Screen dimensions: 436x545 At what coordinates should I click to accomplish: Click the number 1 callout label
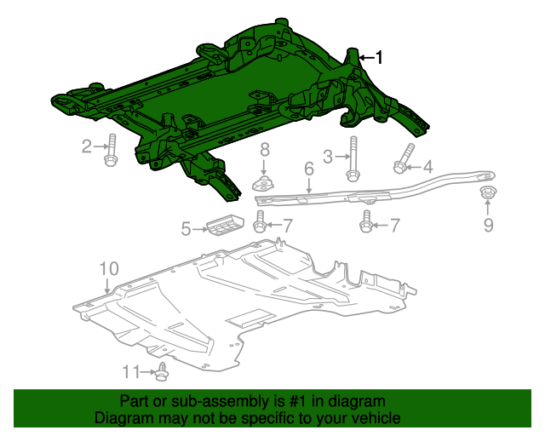click(x=379, y=58)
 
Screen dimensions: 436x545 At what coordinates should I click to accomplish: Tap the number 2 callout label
click(x=87, y=146)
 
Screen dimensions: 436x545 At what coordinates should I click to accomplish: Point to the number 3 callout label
click(x=328, y=156)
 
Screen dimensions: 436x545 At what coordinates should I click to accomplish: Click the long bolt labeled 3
click(x=351, y=162)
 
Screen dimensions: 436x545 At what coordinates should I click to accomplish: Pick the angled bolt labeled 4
click(x=403, y=159)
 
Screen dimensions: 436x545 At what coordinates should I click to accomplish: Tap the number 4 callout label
click(x=428, y=167)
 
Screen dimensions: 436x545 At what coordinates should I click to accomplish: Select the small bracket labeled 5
click(x=225, y=224)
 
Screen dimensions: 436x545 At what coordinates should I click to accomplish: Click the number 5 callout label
click(x=186, y=228)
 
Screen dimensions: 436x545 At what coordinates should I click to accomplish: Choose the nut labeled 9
click(x=488, y=192)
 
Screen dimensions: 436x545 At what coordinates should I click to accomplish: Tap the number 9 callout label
click(x=488, y=225)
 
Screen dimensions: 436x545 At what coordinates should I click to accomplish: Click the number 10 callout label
click(x=108, y=269)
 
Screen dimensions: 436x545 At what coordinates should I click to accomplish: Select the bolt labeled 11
click(x=162, y=371)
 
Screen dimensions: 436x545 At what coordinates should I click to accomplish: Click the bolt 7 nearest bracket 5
click(x=261, y=225)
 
